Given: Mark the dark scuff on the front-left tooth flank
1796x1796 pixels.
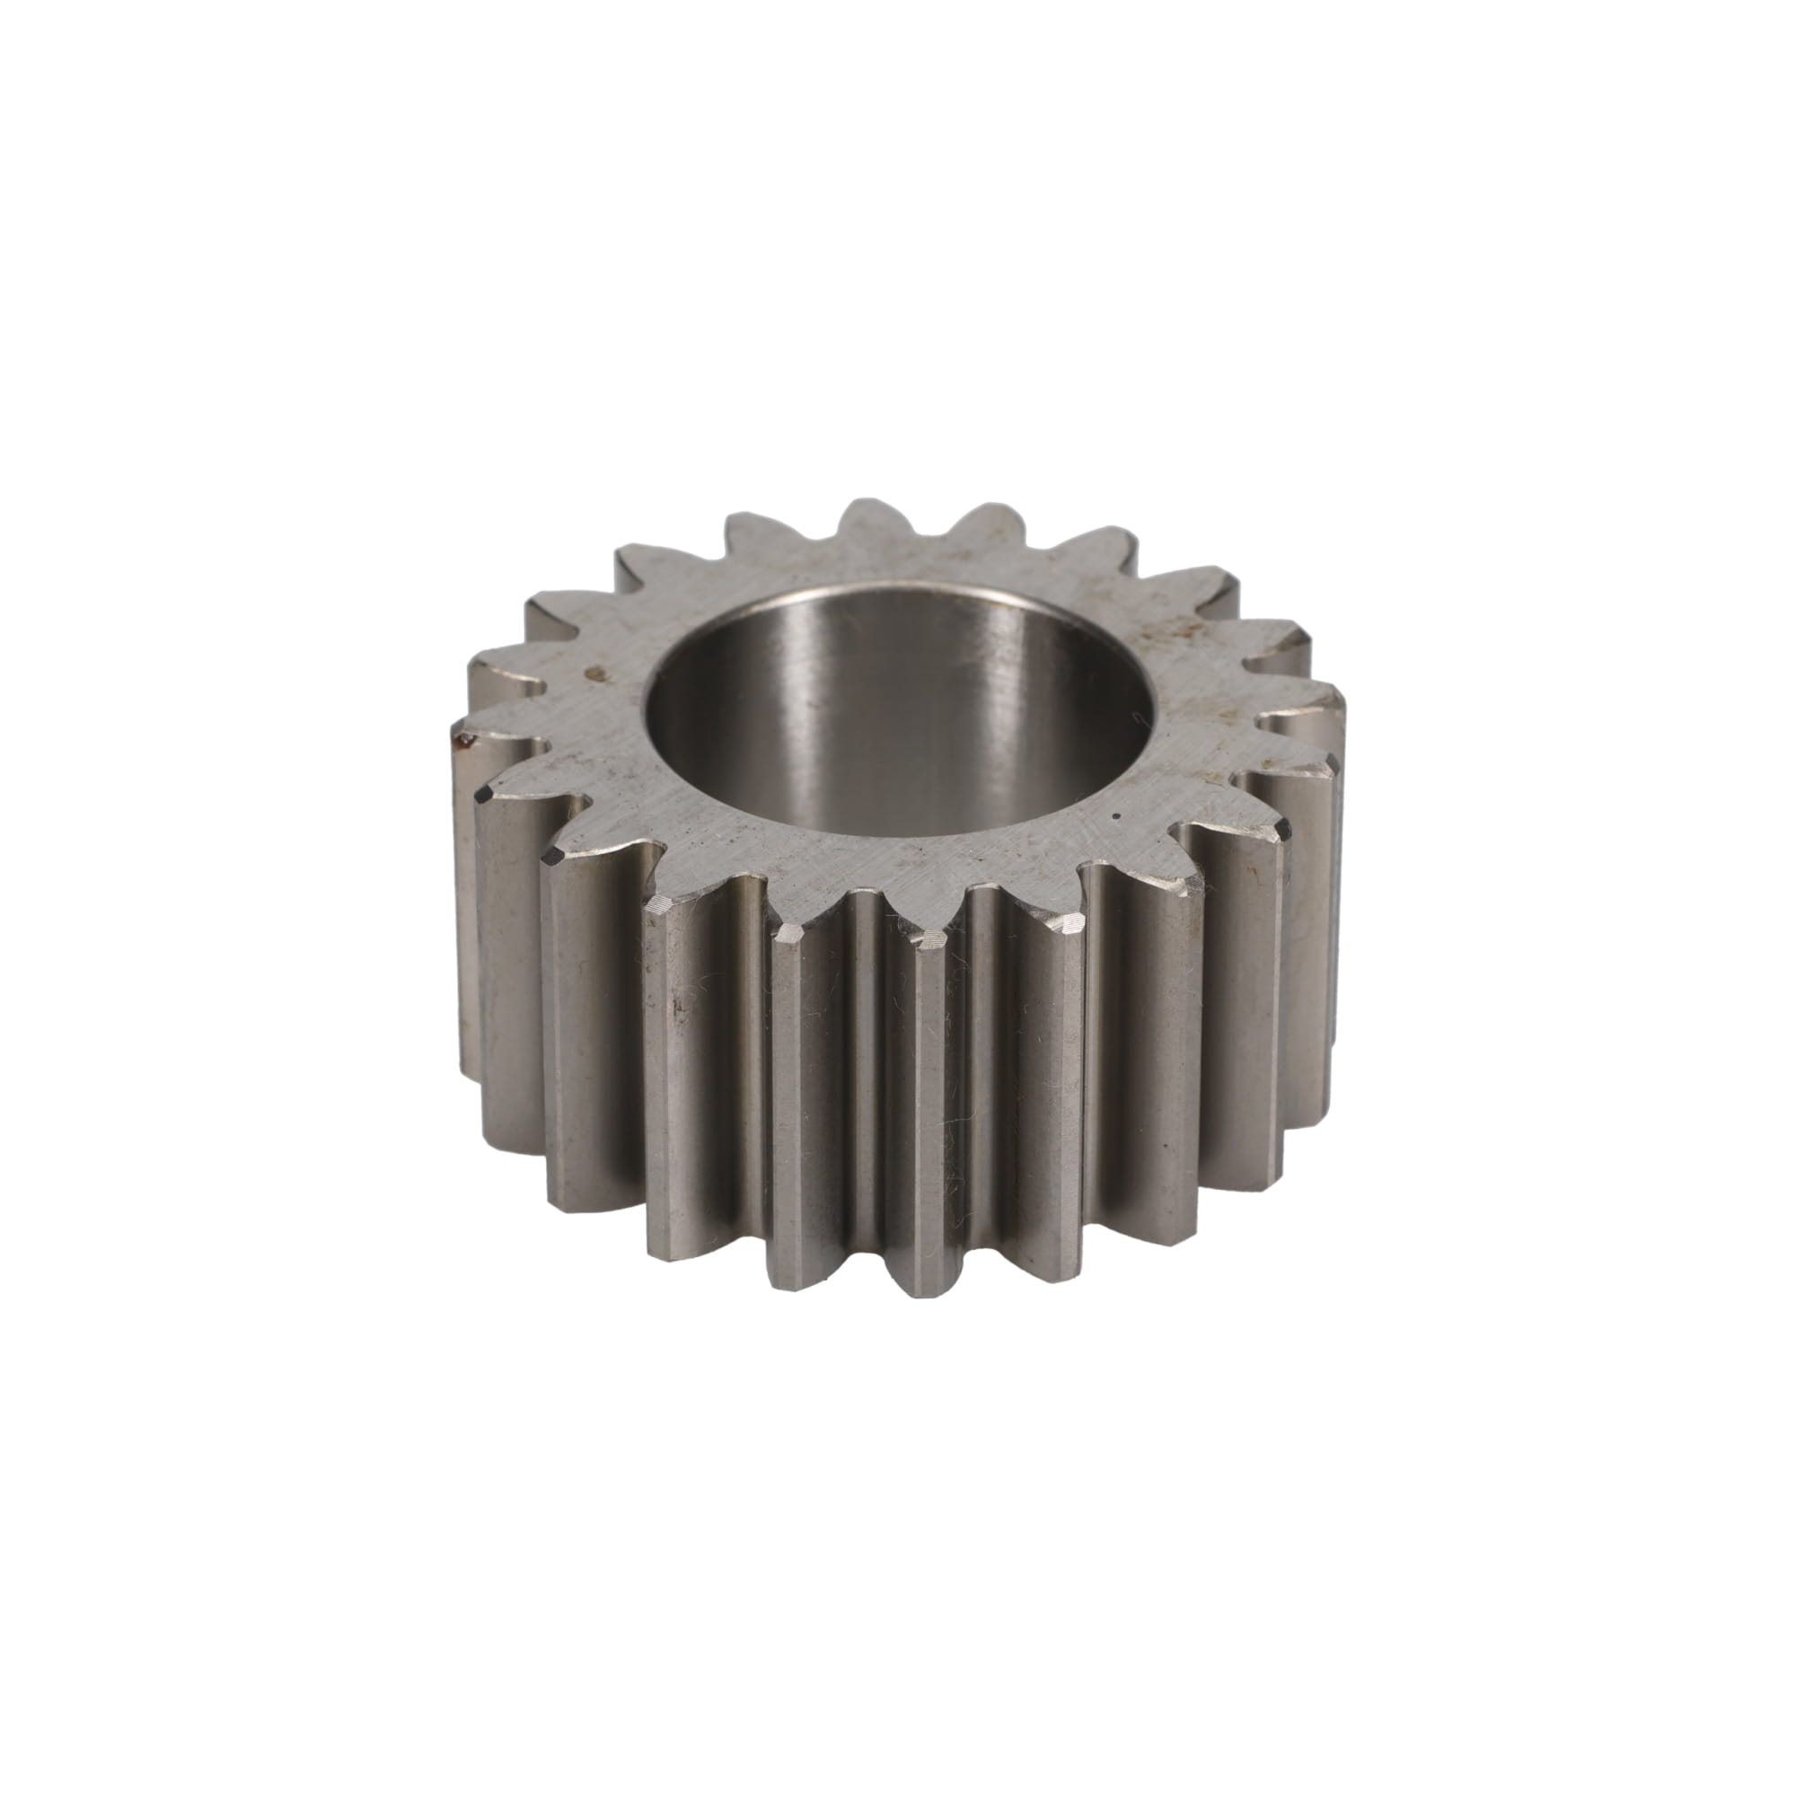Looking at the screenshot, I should tap(676, 1004).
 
